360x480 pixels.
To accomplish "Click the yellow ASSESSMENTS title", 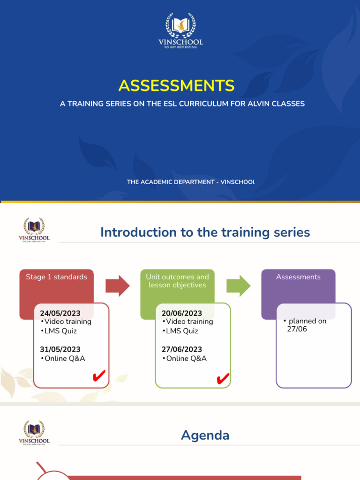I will pyautogui.click(x=176, y=85).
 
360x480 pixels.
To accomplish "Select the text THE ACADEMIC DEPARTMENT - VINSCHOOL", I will pyautogui.click(x=190, y=182).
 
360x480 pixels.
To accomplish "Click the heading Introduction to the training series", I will pyautogui.click(x=205, y=232).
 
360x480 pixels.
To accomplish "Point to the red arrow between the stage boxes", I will pyautogui.click(x=117, y=286).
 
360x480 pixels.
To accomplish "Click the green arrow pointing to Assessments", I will pyautogui.click(x=239, y=286).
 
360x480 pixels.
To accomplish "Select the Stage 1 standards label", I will pyautogui.click(x=56, y=277).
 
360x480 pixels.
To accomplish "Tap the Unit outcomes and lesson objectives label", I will pyautogui.click(x=177, y=281).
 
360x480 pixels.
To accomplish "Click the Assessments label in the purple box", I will pyautogui.click(x=298, y=277).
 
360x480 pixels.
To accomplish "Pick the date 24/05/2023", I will pyautogui.click(x=60, y=313).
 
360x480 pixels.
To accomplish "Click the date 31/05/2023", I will pyautogui.click(x=60, y=349).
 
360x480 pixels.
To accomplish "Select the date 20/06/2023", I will pyautogui.click(x=181, y=313).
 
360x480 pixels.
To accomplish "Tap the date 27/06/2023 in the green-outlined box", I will pyautogui.click(x=181, y=349).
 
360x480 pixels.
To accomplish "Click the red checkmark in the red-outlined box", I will pyautogui.click(x=98, y=376).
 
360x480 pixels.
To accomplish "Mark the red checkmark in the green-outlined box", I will pyautogui.click(x=223, y=379).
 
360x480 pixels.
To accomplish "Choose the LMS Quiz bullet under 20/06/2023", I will pyautogui.click(x=181, y=331).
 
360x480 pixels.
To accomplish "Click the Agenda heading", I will pyautogui.click(x=205, y=435).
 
